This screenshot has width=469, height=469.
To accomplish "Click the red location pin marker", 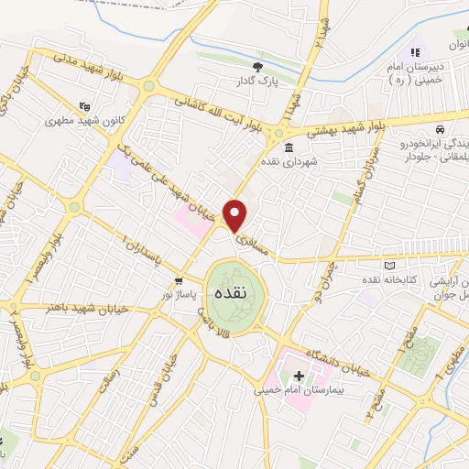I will (x=236, y=214).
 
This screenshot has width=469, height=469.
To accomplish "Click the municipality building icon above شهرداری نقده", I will (x=289, y=147).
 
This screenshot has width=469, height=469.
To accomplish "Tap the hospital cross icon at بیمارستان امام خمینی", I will (x=299, y=376).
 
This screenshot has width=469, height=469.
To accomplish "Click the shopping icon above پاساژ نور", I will (x=179, y=281).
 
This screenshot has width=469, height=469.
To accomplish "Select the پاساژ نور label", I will (x=179, y=295).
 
